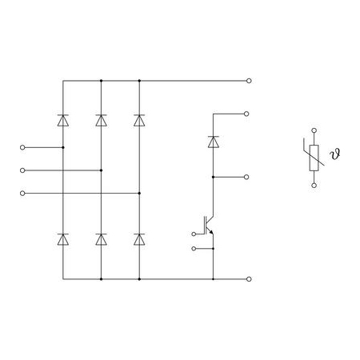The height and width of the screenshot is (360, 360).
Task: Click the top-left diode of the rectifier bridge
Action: (x=63, y=121)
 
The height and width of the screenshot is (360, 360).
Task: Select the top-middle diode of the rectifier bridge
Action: (x=101, y=121)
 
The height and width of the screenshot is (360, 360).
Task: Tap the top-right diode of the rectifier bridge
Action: (x=139, y=121)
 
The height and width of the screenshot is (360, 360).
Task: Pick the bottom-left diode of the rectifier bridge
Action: (x=63, y=239)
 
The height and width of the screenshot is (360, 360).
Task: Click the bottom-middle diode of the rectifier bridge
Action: (x=101, y=239)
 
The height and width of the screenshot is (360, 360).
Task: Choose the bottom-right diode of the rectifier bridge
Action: (x=139, y=239)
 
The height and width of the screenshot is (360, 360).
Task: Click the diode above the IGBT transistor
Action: (x=214, y=142)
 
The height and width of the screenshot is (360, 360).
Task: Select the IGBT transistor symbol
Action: (x=209, y=226)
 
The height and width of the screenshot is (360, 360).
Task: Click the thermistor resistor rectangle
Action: (x=314, y=158)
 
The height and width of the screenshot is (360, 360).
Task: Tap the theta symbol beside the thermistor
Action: (x=335, y=154)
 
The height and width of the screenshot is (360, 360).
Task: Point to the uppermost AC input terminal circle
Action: (x=22, y=147)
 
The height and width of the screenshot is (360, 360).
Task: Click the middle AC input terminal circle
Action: (x=22, y=170)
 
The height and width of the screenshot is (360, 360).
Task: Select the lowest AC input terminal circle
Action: (x=22, y=193)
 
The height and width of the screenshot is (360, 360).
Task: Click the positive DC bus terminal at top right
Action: (x=249, y=81)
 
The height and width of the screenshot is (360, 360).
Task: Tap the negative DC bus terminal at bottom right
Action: (x=249, y=279)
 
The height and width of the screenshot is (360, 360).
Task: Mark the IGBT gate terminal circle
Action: (x=194, y=234)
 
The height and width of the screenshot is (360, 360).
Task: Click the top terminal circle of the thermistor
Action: (x=314, y=130)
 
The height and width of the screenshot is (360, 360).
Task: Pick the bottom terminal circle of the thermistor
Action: (x=314, y=186)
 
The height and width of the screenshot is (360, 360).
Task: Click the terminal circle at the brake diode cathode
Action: (x=246, y=114)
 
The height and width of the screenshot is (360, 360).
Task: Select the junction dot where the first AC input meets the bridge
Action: (x=63, y=147)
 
